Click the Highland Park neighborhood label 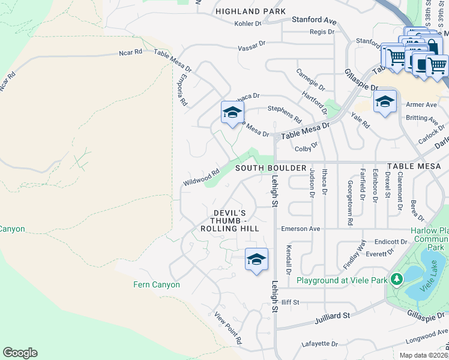click(x=250, y=11)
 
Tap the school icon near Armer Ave click(x=385, y=102)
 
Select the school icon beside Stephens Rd click(x=232, y=112)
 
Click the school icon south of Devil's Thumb click(x=256, y=260)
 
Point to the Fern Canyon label click(x=156, y=284)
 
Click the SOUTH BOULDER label click(x=271, y=168)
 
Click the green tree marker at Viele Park click(x=396, y=279)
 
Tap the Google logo click(x=20, y=353)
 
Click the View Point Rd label click(x=229, y=328)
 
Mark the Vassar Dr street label click(x=251, y=46)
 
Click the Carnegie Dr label click(x=310, y=79)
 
